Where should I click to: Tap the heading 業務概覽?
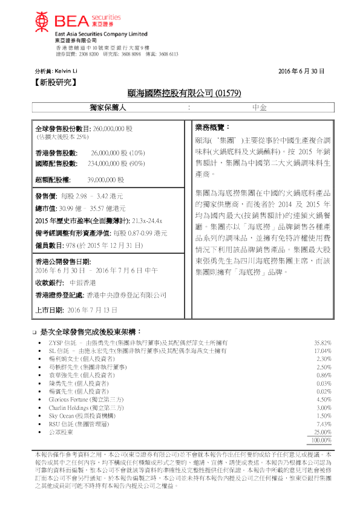[212, 128]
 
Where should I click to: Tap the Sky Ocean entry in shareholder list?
[61, 416]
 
